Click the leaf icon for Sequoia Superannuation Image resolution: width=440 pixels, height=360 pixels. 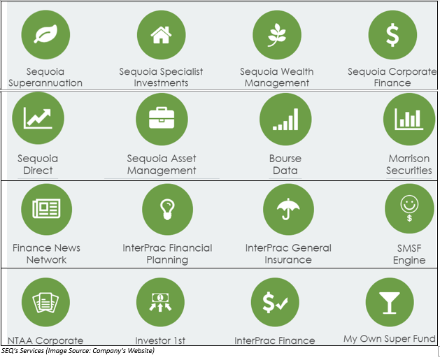tap(45, 34)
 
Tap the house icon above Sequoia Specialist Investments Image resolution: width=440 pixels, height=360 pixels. tap(161, 35)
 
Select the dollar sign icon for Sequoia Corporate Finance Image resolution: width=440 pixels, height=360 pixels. tap(392, 35)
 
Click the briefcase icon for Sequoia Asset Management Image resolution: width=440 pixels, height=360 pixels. tap(162, 117)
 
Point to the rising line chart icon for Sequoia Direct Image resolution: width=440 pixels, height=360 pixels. tap(38, 118)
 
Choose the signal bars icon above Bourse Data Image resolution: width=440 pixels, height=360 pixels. tap(285, 119)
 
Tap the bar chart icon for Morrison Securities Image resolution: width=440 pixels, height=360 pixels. tap(409, 119)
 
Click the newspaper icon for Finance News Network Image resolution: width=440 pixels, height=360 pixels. tap(46, 208)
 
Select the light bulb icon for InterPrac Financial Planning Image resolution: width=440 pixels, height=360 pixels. tap(167, 209)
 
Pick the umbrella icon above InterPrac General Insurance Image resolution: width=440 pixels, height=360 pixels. tap(288, 208)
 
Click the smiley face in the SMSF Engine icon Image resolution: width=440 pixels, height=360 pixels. tap(409, 204)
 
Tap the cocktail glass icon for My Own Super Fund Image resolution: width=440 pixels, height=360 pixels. tap(389, 303)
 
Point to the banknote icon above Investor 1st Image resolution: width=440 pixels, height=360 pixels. tap(160, 297)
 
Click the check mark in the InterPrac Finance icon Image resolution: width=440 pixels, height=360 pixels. tap(282, 303)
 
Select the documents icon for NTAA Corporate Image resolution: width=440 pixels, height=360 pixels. tap(45, 303)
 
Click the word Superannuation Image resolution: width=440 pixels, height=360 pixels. tap(45, 83)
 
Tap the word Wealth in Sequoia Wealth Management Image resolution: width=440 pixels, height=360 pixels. tap(297, 71)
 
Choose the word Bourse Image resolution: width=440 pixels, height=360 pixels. tap(285, 159)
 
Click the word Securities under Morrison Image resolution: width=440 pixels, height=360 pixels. tap(409, 170)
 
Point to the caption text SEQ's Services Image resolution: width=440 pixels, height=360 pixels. tap(22, 350)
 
